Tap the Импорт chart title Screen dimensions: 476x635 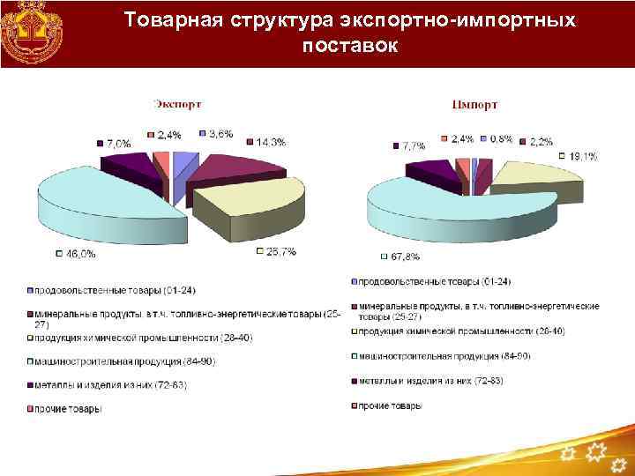(x=474, y=104)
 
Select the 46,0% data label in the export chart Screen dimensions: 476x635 (x=80, y=254)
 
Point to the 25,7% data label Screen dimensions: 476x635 (x=281, y=251)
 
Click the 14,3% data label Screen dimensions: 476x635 (x=270, y=143)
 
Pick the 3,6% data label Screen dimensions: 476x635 (x=220, y=134)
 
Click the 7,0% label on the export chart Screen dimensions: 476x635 (x=118, y=143)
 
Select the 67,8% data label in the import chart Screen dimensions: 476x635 (x=405, y=257)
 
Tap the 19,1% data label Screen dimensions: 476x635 (x=582, y=157)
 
